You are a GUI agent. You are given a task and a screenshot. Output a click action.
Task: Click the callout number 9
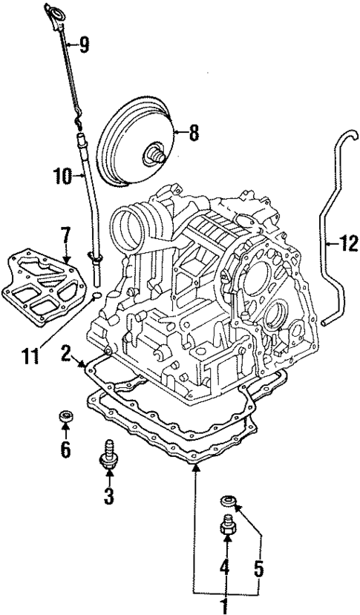pos(84,46)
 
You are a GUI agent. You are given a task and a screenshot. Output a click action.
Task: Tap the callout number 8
pos(194,134)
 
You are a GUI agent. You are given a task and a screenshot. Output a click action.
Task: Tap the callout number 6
pos(65,450)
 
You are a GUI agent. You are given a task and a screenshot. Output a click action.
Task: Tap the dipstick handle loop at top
pos(54,12)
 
